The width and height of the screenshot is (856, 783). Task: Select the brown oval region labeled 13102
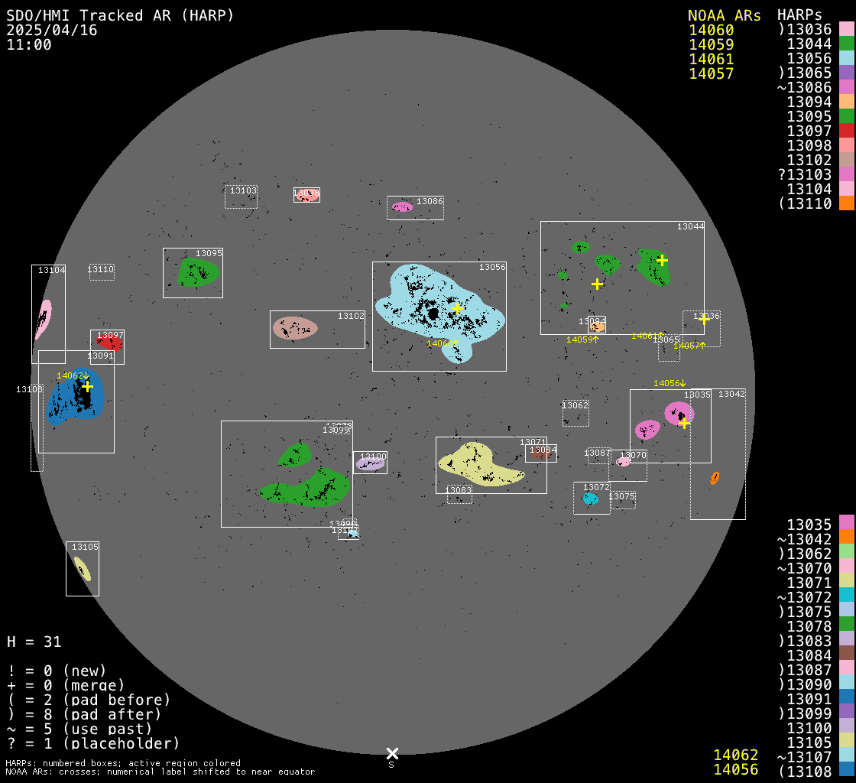tap(295, 328)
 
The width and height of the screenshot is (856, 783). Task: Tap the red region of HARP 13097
tap(110, 343)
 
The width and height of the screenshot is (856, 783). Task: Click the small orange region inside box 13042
tap(715, 478)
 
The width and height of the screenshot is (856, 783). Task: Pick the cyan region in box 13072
tap(590, 499)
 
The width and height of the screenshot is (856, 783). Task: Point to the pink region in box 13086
tap(402, 206)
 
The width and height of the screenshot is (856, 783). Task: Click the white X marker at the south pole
tap(392, 753)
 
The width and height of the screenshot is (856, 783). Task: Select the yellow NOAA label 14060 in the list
tap(711, 30)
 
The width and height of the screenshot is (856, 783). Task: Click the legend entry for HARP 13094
tap(809, 102)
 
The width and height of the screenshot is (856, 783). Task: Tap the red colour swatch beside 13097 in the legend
tap(846, 131)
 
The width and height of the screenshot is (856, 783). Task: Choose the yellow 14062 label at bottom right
tap(735, 755)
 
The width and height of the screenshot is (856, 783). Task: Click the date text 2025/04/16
tap(44, 30)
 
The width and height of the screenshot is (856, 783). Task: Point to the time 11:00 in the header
tap(29, 44)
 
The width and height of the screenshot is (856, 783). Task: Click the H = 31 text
tap(34, 642)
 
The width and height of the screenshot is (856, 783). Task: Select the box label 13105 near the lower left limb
tap(85, 547)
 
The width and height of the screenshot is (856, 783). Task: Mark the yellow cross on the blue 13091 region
tap(87, 386)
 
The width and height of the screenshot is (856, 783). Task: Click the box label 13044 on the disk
tap(690, 227)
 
